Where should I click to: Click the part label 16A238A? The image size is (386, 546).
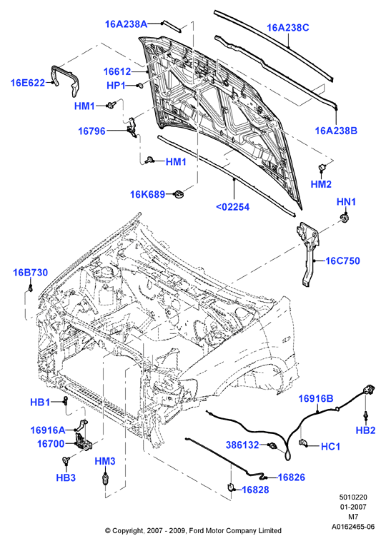tap(127, 24)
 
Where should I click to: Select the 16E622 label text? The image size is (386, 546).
tap(28, 83)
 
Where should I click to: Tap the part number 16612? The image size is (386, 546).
tap(117, 72)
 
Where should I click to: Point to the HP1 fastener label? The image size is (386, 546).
tap(116, 86)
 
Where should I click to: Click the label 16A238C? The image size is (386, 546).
tap(288, 28)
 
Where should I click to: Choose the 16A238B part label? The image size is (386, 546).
tap(336, 131)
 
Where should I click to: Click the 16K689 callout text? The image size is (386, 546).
tap(147, 194)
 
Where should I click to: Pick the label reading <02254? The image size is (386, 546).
tap(233, 207)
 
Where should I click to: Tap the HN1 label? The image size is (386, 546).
tap(346, 202)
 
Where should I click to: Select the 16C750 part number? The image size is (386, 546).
tap(342, 261)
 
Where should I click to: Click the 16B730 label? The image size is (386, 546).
tap(30, 273)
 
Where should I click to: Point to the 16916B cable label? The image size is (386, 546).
tap(315, 399)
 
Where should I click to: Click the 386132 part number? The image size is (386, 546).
tap(242, 445)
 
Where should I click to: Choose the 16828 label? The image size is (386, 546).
tap(255, 490)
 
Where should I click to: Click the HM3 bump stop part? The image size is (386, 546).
tap(105, 480)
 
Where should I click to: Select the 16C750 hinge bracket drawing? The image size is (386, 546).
tap(309, 253)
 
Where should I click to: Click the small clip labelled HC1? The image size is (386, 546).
tap(303, 443)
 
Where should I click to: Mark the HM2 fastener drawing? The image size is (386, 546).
tap(322, 166)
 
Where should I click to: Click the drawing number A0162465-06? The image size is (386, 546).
tap(353, 526)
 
